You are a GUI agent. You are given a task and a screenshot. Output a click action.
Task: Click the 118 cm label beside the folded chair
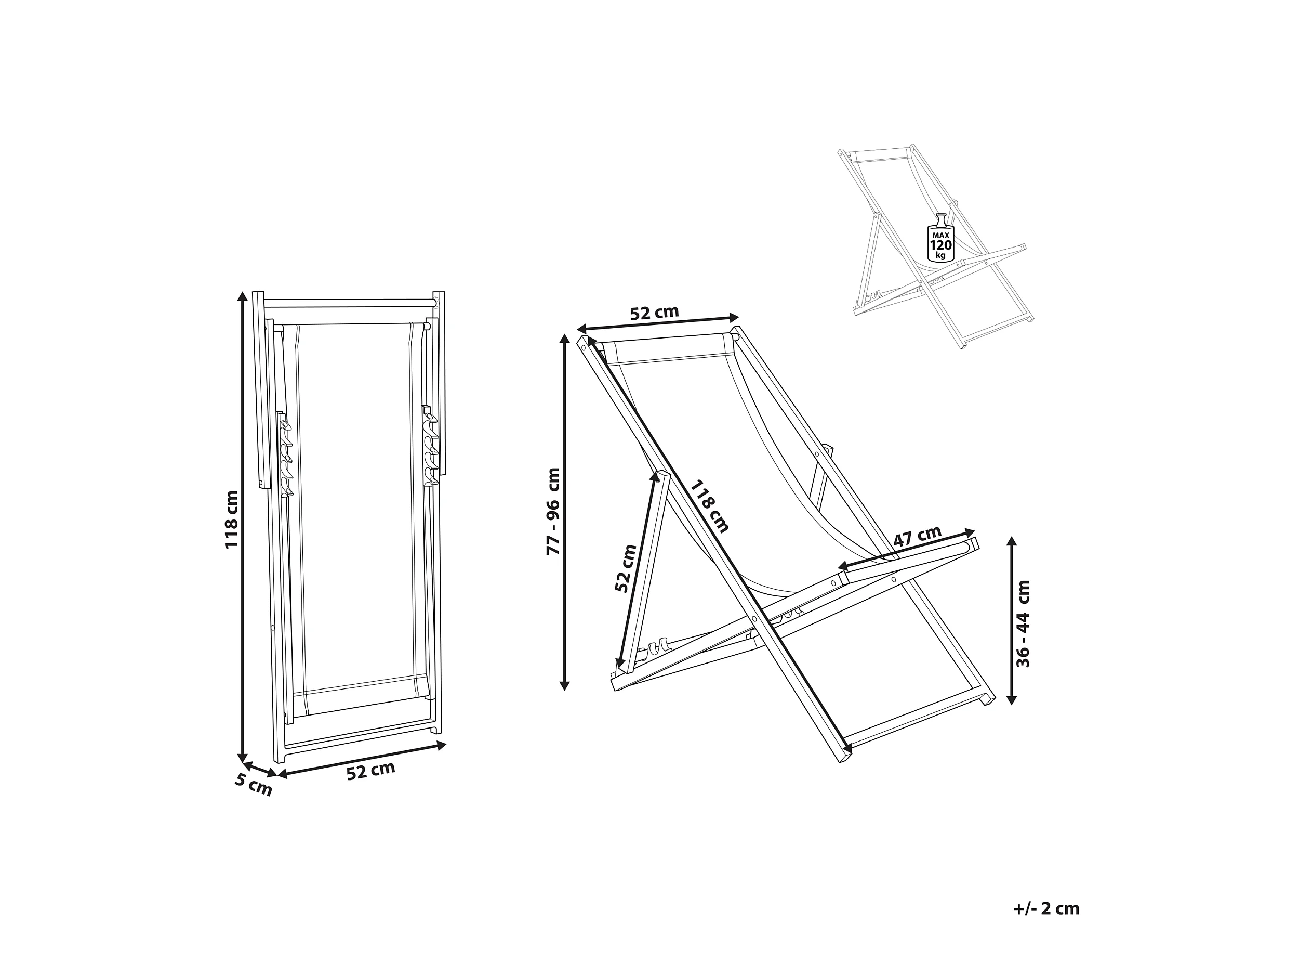[x=232, y=519]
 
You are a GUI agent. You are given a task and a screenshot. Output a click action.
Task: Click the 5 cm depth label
[x=254, y=785]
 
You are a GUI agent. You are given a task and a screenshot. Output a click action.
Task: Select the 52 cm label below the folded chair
[x=370, y=771]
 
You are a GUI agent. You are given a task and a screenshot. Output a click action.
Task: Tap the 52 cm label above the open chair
[x=654, y=313]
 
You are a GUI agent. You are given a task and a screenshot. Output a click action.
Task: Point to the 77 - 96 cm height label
[x=553, y=511]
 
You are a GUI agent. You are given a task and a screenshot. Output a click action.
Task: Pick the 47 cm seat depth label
[x=917, y=536]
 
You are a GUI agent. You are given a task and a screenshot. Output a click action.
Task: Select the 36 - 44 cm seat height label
[x=1023, y=623]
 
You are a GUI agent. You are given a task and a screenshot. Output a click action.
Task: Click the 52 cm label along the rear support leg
[x=626, y=568]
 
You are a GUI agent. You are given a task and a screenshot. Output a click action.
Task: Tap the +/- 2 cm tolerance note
[x=1046, y=908]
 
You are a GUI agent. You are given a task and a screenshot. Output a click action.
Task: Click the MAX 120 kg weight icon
[x=940, y=243]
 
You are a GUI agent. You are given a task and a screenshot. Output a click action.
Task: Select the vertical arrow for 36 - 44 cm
[x=1011, y=620]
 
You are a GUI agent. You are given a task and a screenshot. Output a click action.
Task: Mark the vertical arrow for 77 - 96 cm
[x=564, y=511]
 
